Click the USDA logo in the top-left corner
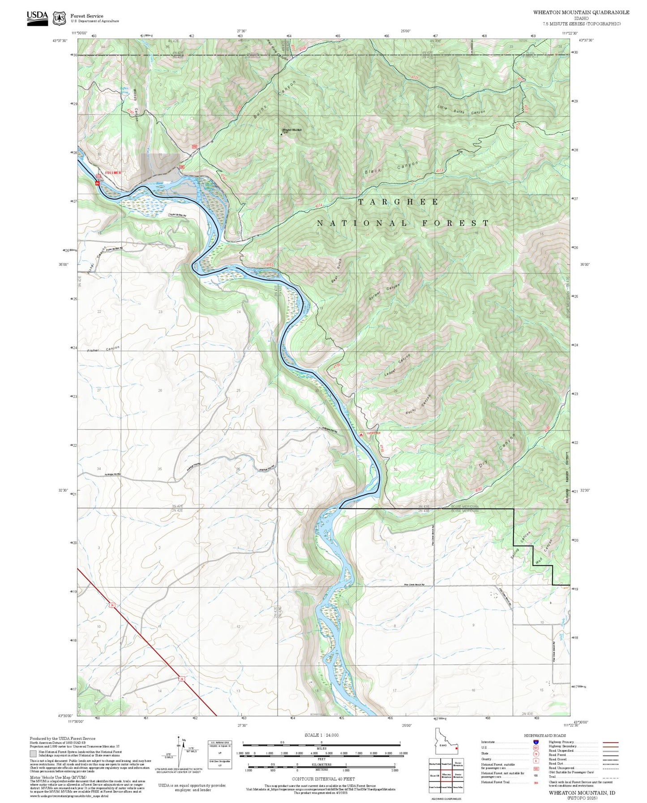[37, 17]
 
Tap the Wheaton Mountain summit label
[292, 130]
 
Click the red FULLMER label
[113, 172]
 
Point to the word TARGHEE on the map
[398, 202]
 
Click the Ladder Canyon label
[397, 365]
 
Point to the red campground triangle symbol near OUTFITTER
[361, 434]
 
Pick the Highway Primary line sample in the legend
[611, 742]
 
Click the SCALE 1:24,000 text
[321, 735]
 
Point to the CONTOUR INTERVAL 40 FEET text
[323, 779]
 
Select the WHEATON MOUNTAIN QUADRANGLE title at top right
[581, 13]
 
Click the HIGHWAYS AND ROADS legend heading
[549, 736]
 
